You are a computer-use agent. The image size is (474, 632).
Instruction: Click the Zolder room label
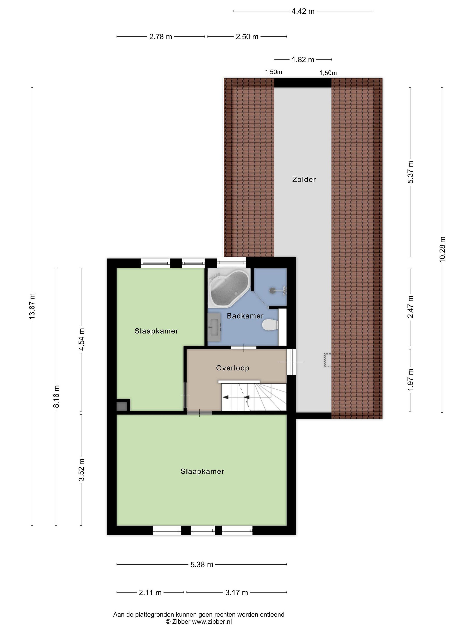click(x=304, y=180)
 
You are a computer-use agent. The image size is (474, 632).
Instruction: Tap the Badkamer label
click(x=245, y=316)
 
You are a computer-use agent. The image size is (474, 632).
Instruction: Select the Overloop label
click(x=233, y=368)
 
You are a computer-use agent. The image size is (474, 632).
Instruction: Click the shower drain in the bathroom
click(x=272, y=290)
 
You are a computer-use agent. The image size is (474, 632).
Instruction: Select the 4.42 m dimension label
click(x=303, y=11)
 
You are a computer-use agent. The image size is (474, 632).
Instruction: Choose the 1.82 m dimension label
click(x=303, y=60)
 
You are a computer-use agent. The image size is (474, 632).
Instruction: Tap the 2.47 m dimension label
click(x=410, y=307)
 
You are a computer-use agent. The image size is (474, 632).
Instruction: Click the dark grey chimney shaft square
click(x=122, y=406)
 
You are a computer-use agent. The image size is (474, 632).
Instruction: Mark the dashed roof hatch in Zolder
click(x=328, y=360)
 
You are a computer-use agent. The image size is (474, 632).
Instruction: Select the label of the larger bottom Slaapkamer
click(x=202, y=471)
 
